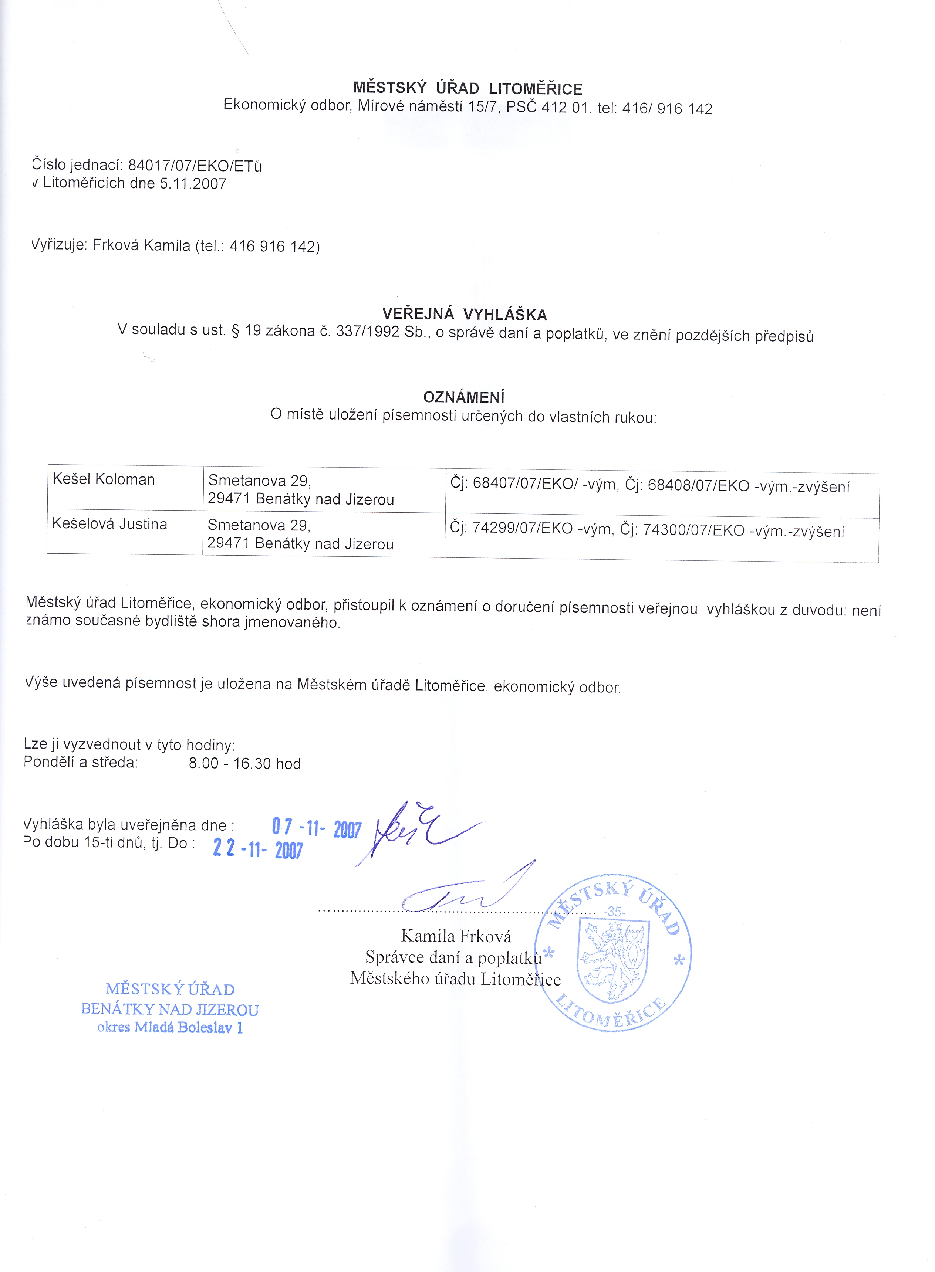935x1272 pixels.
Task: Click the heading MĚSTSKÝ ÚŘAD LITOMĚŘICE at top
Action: click(467, 89)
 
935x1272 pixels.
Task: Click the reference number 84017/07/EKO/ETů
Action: click(195, 166)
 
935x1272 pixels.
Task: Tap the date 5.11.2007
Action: click(193, 184)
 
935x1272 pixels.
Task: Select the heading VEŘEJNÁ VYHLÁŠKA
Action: click(464, 315)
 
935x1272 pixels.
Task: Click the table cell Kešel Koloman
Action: click(104, 479)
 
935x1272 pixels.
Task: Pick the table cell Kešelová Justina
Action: click(110, 524)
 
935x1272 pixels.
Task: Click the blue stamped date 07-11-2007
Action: click(316, 828)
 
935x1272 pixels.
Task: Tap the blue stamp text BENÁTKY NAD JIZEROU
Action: click(170, 1010)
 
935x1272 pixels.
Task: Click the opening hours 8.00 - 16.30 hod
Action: click(244, 764)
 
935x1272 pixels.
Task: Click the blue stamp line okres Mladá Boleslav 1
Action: click(170, 1028)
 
